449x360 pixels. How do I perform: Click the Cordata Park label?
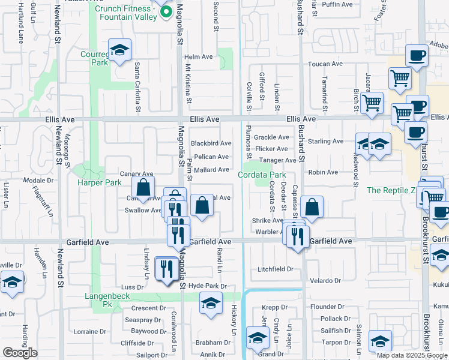[x=261, y=175]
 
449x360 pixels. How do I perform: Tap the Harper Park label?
[x=99, y=182]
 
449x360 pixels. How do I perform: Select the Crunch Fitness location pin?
[x=161, y=13]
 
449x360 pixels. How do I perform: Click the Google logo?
[x=20, y=353]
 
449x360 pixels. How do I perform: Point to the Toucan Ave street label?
[x=325, y=64]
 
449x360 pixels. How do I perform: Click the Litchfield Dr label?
[x=275, y=269]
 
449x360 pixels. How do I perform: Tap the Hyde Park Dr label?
[x=208, y=287]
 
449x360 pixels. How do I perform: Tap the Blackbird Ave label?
[x=211, y=143]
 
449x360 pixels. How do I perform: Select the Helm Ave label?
[x=199, y=57]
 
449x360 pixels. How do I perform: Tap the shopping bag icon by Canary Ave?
[x=143, y=188]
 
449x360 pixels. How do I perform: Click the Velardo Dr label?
[x=325, y=281]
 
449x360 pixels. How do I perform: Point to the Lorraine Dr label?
[x=89, y=331]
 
